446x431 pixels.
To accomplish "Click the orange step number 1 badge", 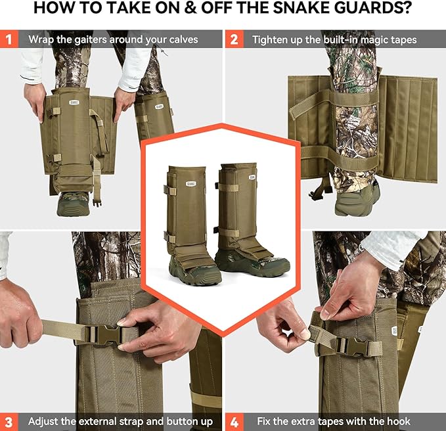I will [x=9, y=39].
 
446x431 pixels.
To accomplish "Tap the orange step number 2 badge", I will [x=233, y=39].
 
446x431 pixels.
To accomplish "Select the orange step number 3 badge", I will [x=9, y=420].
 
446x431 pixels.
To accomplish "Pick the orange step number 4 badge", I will [x=233, y=420].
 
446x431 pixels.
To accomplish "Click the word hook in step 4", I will [x=397, y=421].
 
